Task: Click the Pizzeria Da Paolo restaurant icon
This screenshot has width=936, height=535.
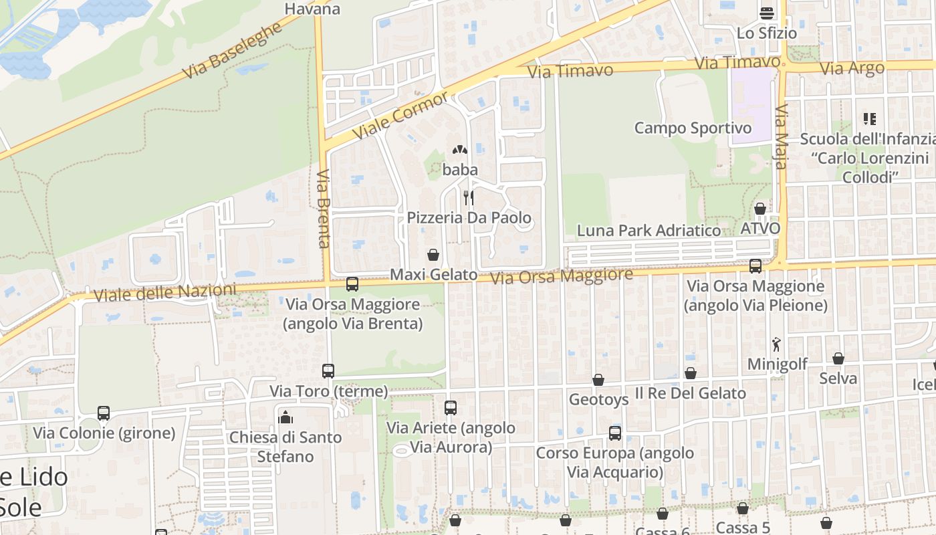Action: point(469,197)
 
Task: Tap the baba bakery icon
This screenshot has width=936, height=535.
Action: point(460,150)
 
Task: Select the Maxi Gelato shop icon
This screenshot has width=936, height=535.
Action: point(433,255)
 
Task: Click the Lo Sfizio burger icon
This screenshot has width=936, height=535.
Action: point(766,13)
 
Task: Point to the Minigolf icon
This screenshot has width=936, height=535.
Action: point(776,344)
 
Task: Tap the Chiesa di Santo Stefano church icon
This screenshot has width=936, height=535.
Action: point(285,417)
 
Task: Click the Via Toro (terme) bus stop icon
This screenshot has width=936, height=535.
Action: point(328,370)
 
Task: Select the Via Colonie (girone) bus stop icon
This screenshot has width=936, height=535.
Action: point(104,413)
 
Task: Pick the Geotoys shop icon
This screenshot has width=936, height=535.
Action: point(598,380)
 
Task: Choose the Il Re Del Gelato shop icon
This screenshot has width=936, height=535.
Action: point(691,373)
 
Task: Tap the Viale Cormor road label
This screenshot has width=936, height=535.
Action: point(400,115)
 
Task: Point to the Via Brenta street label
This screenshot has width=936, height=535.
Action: point(324,208)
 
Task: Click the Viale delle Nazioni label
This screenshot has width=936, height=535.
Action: point(165,293)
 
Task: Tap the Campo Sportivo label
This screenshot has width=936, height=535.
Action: point(693,128)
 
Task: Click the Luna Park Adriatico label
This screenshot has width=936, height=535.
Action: point(649,231)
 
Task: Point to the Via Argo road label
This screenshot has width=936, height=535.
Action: point(852,68)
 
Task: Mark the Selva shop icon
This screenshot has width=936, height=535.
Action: point(838,358)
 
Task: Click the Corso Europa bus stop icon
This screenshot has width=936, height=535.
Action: point(615,433)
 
